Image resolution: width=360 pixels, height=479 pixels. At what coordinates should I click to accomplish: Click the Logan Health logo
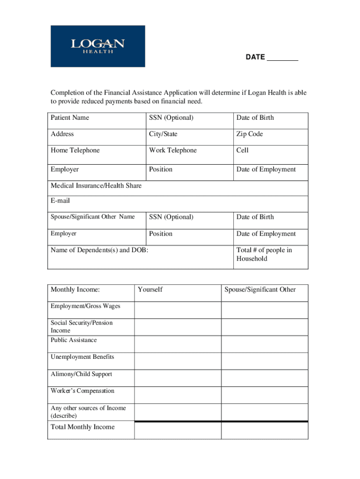coord(98,46)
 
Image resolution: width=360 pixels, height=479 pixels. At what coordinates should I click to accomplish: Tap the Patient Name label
coord(70,118)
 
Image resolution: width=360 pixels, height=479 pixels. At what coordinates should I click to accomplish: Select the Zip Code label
coord(249,134)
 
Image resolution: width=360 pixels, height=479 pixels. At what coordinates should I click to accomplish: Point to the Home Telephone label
coord(75,151)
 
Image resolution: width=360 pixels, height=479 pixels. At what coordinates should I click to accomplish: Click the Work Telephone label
coord(173,151)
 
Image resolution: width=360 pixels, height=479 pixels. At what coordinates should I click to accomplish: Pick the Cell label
coord(242,151)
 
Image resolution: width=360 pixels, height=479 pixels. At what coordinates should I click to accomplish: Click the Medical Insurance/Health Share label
coord(96,186)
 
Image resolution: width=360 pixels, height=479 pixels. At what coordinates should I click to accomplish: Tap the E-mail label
coord(60,201)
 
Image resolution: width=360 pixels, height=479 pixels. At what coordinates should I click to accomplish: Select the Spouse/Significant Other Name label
coord(93,217)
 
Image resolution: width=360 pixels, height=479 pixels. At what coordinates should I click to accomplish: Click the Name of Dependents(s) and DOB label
coord(99,250)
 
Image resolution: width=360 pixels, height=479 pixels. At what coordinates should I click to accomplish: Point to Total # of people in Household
coord(264,254)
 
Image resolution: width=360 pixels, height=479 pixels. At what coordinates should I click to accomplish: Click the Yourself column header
coord(150,290)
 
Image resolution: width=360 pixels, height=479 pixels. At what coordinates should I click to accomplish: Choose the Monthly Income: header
coord(75,290)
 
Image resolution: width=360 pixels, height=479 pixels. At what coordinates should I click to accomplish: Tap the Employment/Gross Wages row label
coord(86,306)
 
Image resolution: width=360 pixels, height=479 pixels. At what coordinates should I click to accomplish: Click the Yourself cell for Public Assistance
coord(178,344)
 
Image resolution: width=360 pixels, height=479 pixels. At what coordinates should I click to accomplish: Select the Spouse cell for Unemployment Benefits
coord(265,361)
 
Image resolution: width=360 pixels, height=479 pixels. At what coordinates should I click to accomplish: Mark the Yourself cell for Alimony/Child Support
coord(178,378)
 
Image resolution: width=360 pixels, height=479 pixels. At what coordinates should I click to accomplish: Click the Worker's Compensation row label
coord(82,391)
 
